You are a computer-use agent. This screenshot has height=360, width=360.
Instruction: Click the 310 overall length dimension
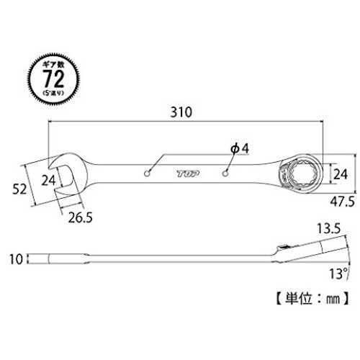tap(181, 112)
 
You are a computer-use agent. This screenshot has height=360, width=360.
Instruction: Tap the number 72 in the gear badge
tap(53, 78)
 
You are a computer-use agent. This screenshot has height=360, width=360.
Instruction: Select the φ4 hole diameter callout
tap(240, 148)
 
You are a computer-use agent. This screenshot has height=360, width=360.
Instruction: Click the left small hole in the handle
tap(147, 174)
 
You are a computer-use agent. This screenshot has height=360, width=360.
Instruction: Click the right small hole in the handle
tap(225, 174)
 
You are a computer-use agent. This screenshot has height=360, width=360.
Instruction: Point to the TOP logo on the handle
tap(189, 174)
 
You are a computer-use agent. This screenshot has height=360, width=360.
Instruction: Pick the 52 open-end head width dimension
tap(19, 189)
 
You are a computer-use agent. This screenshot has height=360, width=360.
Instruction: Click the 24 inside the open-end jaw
tap(48, 180)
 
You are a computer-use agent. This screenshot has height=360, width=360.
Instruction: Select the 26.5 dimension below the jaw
tap(80, 217)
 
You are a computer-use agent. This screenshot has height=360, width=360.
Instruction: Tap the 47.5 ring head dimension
tap(342, 202)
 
